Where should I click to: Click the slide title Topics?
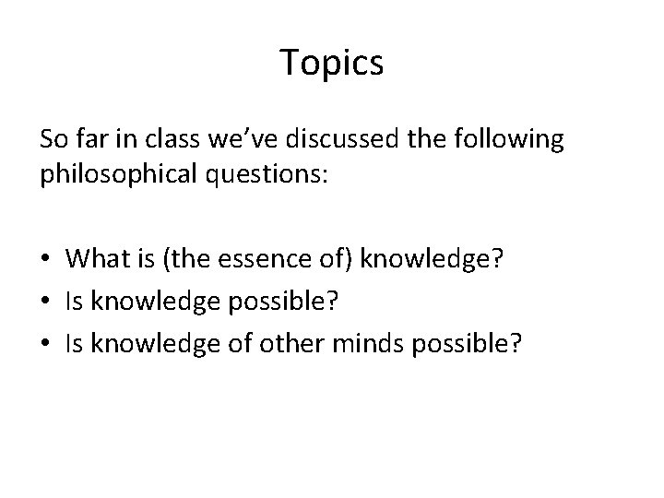coord(331,64)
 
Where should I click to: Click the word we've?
coord(237,140)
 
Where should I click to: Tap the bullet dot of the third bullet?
coord(46,344)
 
